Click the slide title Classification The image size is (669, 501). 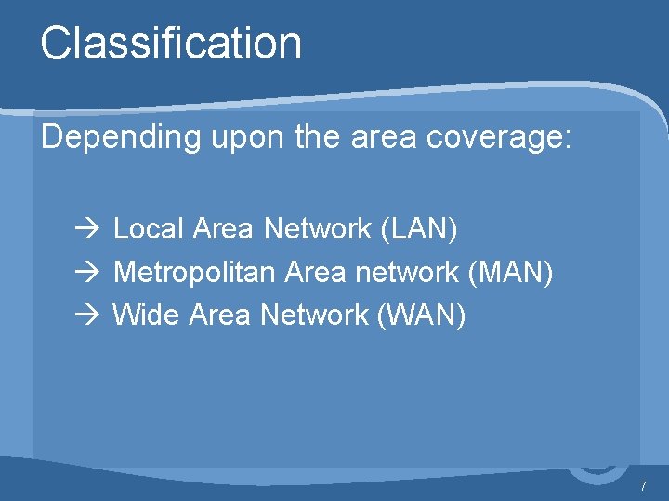[171, 44]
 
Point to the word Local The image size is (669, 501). [149, 228]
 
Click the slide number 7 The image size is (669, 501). [642, 486]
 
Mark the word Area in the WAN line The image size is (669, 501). [219, 315]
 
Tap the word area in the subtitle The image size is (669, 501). [382, 138]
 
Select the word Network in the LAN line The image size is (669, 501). [318, 228]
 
